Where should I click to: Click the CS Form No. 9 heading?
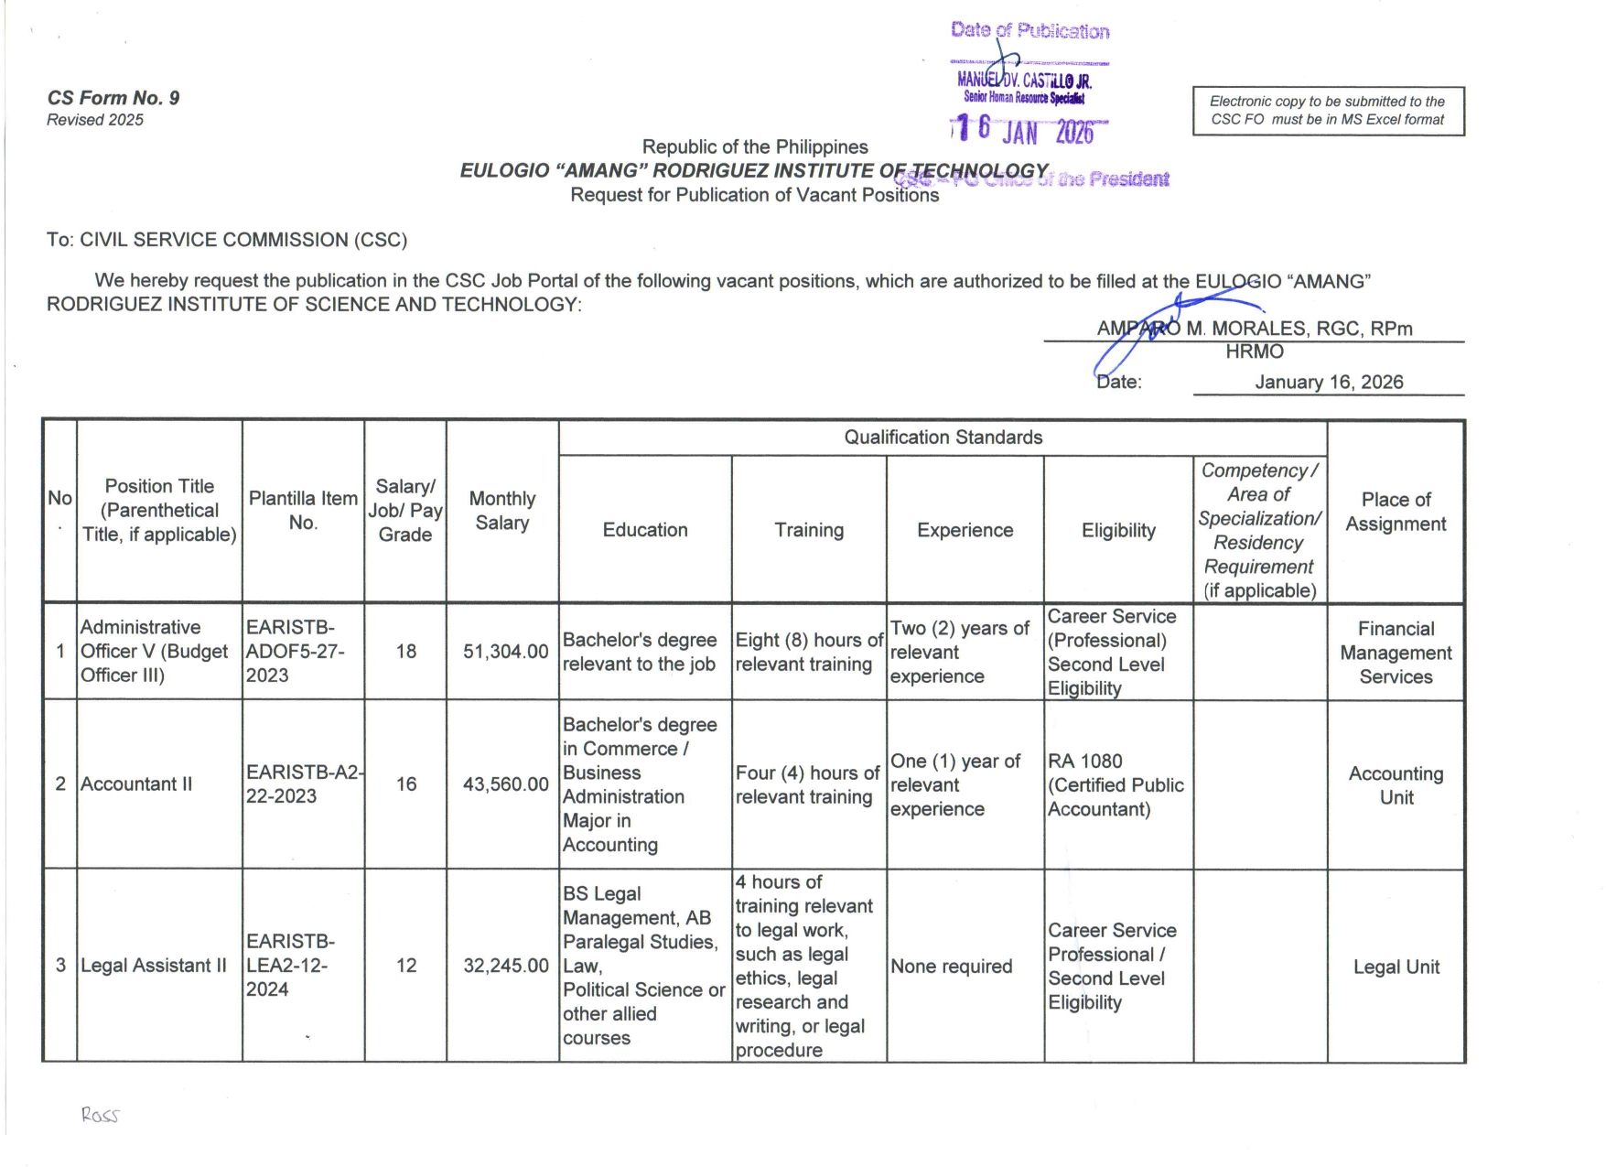click(113, 98)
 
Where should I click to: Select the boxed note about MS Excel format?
click(1327, 111)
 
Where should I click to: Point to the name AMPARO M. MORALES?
click(1254, 329)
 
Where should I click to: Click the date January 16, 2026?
click(1328, 383)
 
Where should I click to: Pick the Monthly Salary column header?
click(501, 511)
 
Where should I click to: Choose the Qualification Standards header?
click(943, 438)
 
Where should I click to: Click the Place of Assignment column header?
click(1395, 512)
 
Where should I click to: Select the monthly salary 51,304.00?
click(505, 652)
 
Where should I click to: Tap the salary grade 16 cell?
click(405, 784)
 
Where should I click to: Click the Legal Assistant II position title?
click(154, 966)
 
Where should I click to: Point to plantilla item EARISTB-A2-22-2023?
click(303, 784)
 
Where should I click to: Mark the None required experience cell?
click(951, 967)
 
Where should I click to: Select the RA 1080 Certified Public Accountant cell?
click(1116, 785)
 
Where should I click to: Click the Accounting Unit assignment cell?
click(1396, 785)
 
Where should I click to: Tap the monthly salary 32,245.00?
click(505, 966)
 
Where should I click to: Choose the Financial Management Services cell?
click(1396, 653)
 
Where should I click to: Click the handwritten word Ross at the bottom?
click(100, 1115)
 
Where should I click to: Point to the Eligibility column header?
click(1117, 531)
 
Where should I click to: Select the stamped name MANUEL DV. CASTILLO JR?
click(1025, 81)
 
